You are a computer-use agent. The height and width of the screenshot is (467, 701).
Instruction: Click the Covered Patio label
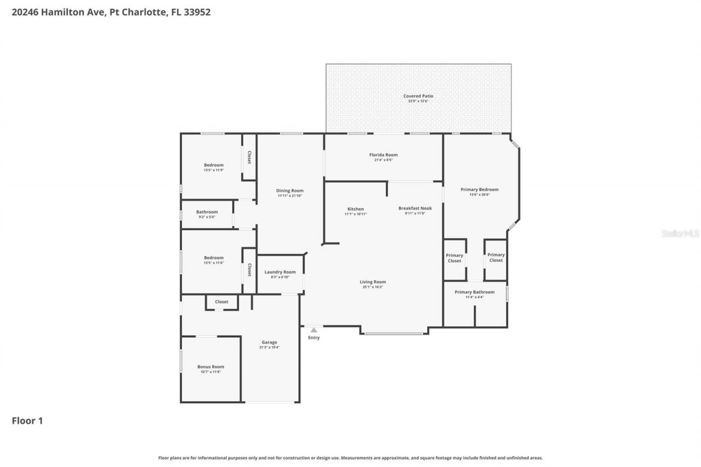tap(418, 96)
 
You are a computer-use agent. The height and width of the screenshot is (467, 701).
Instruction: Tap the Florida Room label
tap(383, 155)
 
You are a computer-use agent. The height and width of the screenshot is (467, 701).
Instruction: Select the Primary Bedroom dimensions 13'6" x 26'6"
tap(479, 194)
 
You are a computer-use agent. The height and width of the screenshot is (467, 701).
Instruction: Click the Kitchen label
tap(355, 209)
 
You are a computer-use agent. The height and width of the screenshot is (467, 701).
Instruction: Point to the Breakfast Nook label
tap(415, 208)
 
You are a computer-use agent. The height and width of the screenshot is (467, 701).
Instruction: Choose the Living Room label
tap(372, 282)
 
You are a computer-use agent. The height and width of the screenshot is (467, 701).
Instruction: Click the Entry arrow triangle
tap(313, 330)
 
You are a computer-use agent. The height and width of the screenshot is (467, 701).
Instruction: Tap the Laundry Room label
tap(280, 272)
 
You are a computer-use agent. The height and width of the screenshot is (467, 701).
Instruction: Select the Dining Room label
tap(290, 191)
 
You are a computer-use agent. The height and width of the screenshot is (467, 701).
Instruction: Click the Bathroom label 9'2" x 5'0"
tap(207, 212)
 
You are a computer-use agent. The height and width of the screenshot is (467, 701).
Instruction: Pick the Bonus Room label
tap(210, 367)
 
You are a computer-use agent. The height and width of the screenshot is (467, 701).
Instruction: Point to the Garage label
tap(269, 342)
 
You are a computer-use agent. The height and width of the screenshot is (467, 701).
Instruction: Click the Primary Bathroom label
tap(474, 292)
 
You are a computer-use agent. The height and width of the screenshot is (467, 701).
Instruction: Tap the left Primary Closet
tap(454, 258)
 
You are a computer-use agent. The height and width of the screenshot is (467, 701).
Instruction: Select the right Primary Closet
tap(496, 257)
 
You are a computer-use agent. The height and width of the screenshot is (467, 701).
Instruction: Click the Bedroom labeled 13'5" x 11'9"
tap(214, 165)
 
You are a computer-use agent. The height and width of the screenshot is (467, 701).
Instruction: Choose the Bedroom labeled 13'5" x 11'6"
tap(214, 258)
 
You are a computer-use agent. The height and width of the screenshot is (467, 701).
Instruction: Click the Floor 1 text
tap(27, 421)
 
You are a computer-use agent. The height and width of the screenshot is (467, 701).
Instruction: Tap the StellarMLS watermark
tap(680, 234)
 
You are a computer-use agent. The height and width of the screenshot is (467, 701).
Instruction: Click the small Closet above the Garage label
tap(221, 302)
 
